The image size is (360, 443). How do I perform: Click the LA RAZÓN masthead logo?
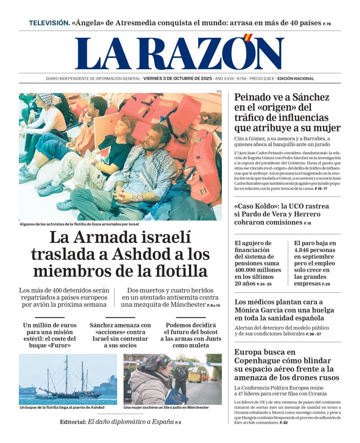[x=180, y=54]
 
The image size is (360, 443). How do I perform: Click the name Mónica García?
[x=261, y=310]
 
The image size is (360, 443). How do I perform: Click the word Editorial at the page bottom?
[x=72, y=422]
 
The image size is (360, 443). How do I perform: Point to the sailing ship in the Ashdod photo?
[x=67, y=382]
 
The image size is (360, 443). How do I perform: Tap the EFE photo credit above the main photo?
[x=219, y=91]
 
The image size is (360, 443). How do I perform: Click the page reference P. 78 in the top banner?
[x=327, y=24]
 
